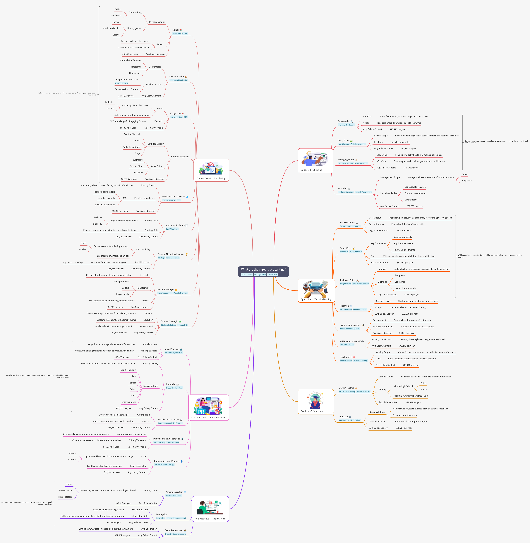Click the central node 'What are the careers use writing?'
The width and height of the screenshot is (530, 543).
click(263, 270)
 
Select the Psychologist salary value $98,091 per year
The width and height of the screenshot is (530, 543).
click(410, 365)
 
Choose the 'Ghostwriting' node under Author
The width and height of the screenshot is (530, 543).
click(135, 13)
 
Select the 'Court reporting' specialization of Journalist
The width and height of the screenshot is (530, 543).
click(128, 370)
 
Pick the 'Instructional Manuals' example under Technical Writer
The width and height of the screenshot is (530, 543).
click(405, 288)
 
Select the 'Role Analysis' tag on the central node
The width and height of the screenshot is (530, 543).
click(272, 275)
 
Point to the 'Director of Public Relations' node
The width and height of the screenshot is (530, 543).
click(166, 439)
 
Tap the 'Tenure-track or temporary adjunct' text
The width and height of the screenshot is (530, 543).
click(411, 421)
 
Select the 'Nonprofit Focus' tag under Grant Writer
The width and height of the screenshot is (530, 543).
click(355, 252)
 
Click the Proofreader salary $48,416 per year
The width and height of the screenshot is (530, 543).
click(397, 129)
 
